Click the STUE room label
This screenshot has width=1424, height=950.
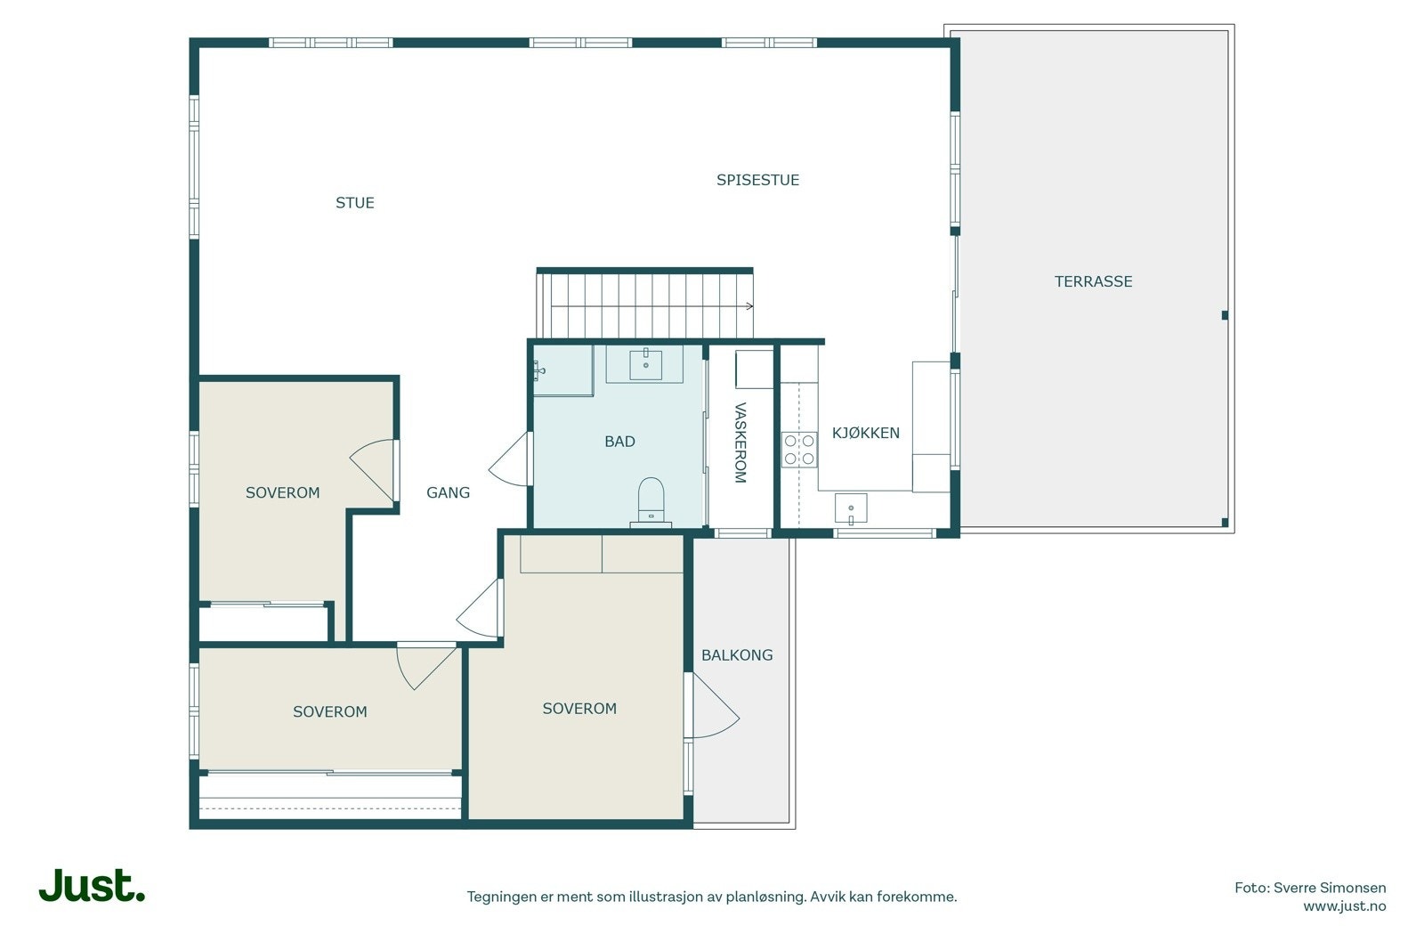point(355,203)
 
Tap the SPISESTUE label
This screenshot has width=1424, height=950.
point(757,180)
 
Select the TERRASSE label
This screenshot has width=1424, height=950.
point(1094,281)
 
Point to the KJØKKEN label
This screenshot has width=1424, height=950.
point(866,433)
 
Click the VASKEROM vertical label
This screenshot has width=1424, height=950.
point(740,443)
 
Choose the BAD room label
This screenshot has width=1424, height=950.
point(619,442)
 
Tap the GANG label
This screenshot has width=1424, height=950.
point(449,492)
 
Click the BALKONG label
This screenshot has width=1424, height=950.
point(738,655)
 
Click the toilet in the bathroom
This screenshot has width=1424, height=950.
point(651,501)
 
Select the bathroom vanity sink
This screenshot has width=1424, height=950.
point(645,364)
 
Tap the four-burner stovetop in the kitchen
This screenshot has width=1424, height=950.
point(799,450)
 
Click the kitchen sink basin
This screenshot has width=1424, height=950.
point(851,508)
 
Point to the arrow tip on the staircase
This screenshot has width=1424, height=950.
point(753,306)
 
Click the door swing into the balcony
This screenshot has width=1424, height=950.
point(716,706)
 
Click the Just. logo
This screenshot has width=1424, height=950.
point(93,885)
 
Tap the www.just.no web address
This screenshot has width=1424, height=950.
point(1345,906)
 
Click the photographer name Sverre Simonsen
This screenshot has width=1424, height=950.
point(1330,888)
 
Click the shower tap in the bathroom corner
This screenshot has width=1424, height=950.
point(538,370)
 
